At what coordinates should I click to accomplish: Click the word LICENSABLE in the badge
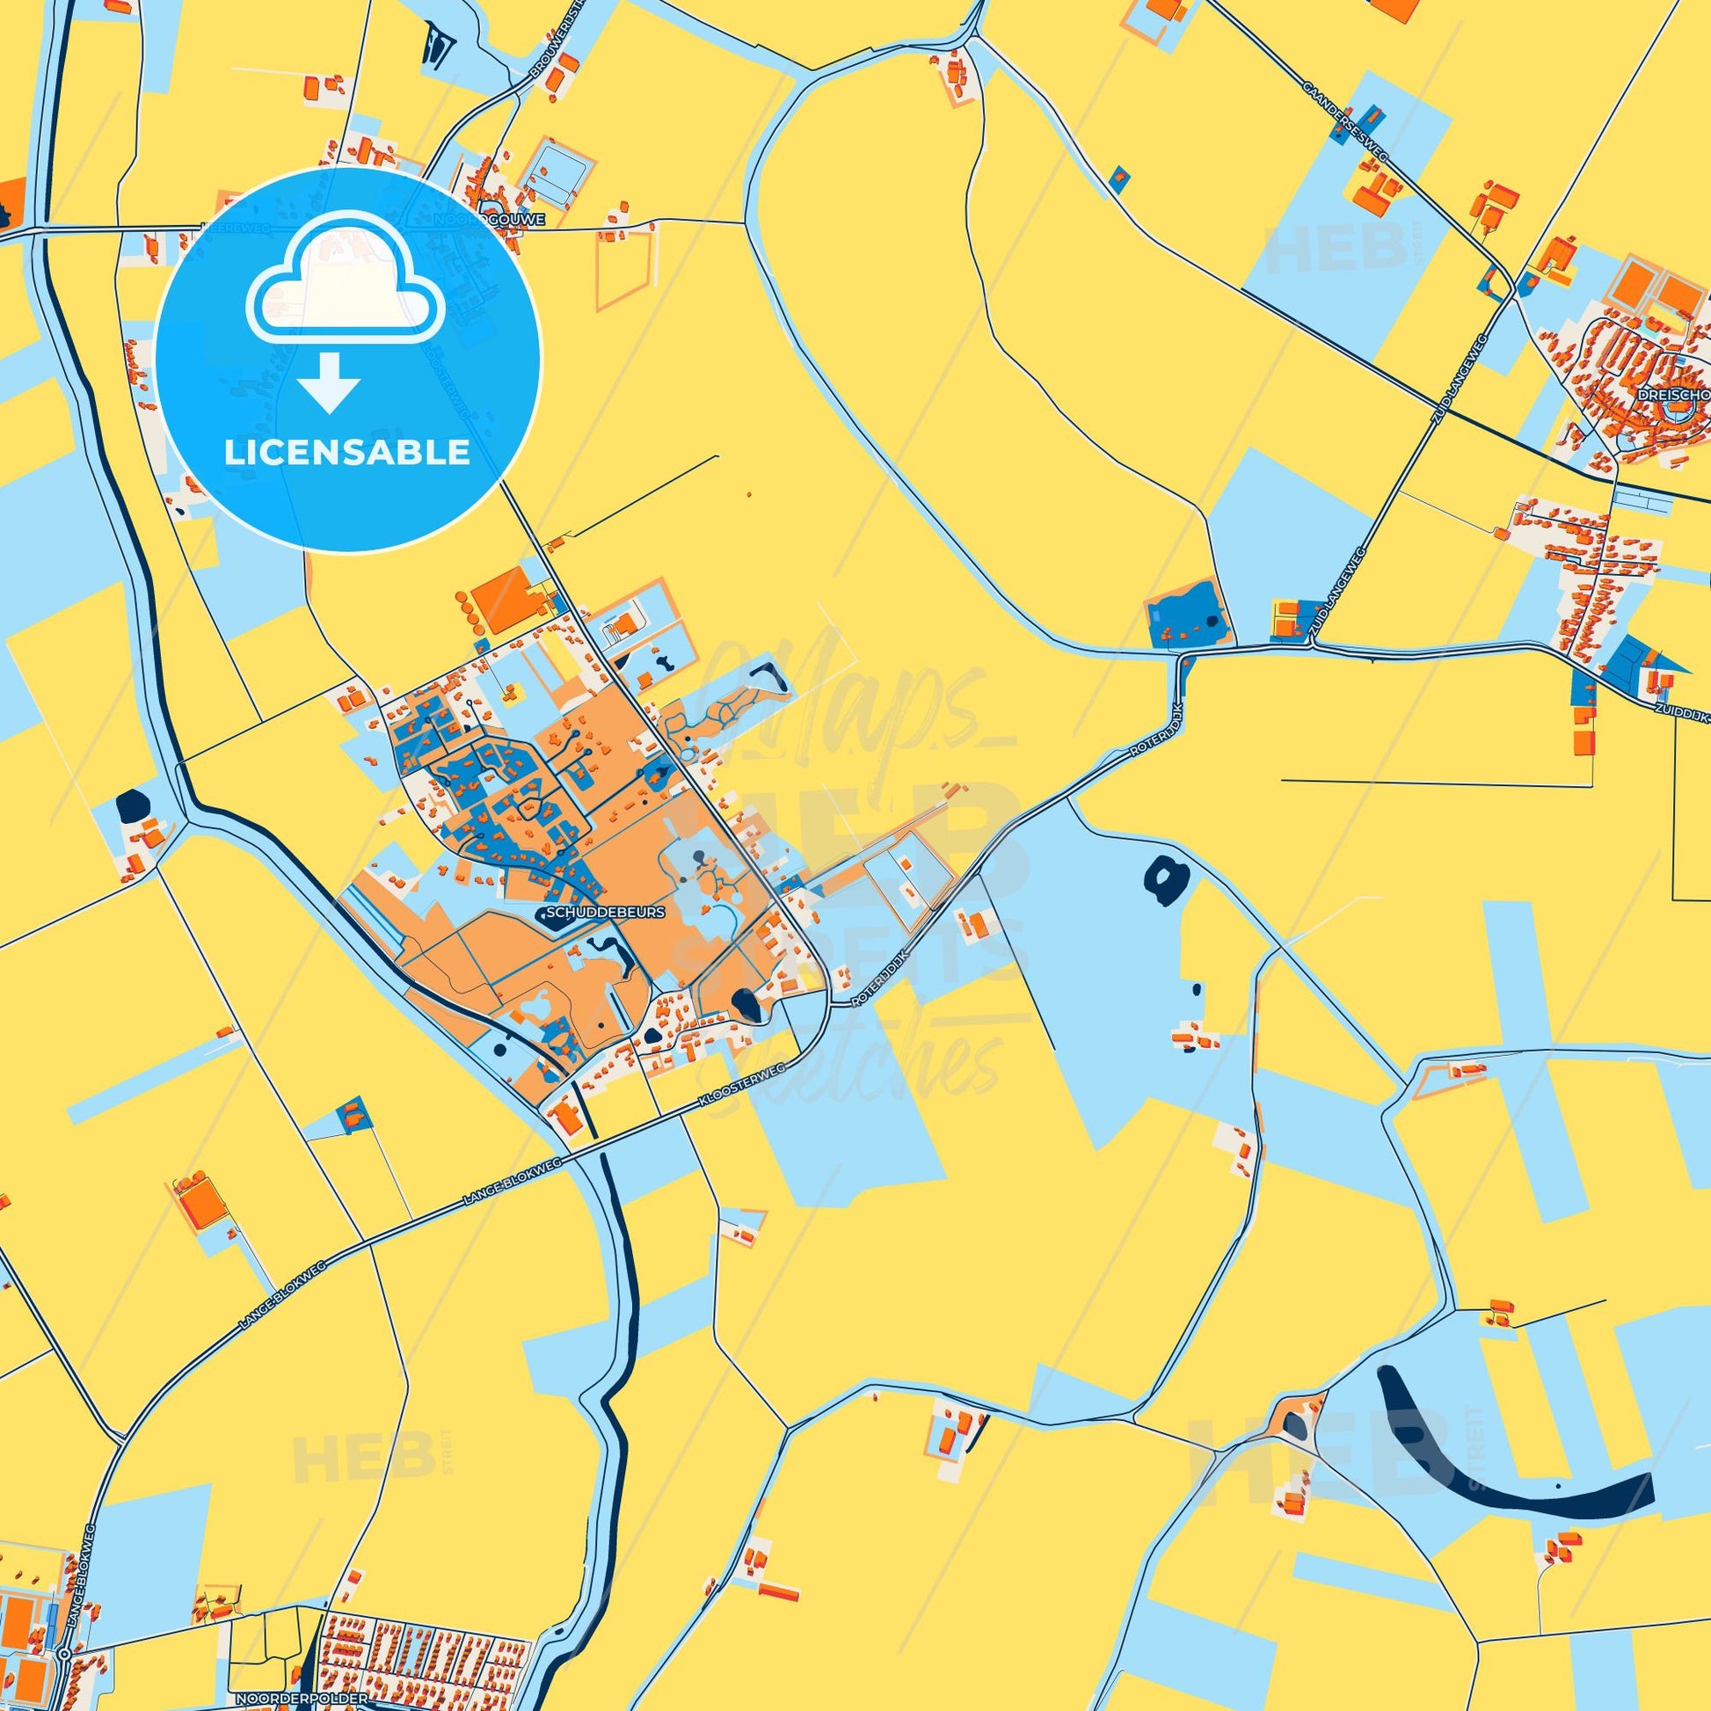[x=346, y=453]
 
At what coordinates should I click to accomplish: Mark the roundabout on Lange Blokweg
[x=65, y=1678]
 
